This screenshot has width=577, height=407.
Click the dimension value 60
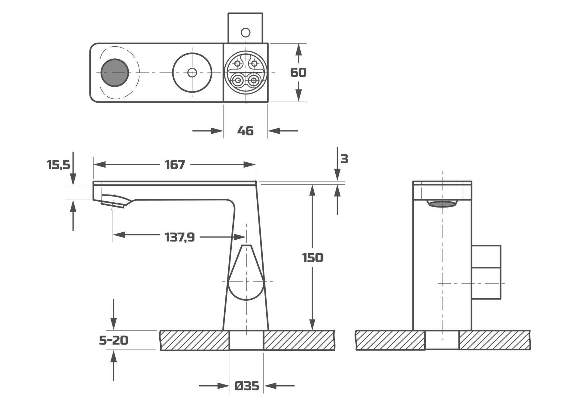pyautogui.click(x=298, y=73)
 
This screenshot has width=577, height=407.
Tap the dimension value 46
pyautogui.click(x=245, y=131)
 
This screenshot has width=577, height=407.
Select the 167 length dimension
pyautogui.click(x=175, y=165)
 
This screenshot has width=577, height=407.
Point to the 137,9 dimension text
pyautogui.click(x=180, y=237)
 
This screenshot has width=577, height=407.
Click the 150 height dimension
pyautogui.click(x=313, y=258)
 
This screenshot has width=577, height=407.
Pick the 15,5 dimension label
pyautogui.click(x=58, y=165)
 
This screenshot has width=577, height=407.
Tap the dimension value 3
pyautogui.click(x=344, y=159)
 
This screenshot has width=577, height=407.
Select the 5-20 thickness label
pyautogui.click(x=114, y=340)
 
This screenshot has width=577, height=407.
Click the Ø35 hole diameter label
pyautogui.click(x=246, y=386)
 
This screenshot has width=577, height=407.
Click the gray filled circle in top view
pyautogui.click(x=114, y=73)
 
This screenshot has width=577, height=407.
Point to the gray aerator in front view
pyautogui.click(x=442, y=204)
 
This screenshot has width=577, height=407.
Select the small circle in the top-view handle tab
pyautogui.click(x=246, y=32)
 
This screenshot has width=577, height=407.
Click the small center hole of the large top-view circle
pyautogui.click(x=192, y=73)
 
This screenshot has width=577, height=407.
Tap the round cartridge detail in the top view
pyautogui.click(x=246, y=73)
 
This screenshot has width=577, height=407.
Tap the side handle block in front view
pyautogui.click(x=486, y=272)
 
